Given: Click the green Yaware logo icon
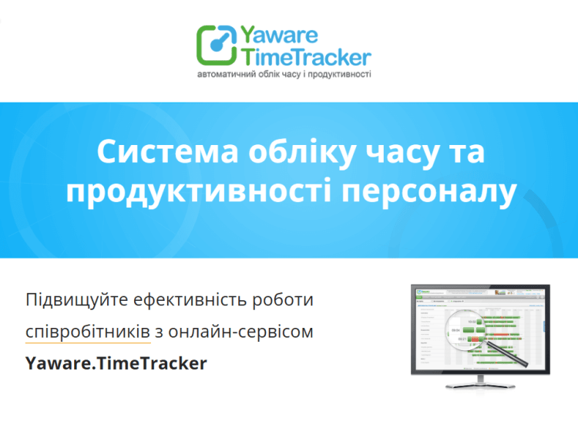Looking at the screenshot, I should pyautogui.click(x=217, y=45).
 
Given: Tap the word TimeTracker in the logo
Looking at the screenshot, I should pyautogui.click(x=307, y=56).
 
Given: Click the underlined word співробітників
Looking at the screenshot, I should pyautogui.click(x=87, y=332).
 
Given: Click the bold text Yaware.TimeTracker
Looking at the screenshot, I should pyautogui.click(x=116, y=363).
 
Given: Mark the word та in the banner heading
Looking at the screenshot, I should pyautogui.click(x=469, y=152).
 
